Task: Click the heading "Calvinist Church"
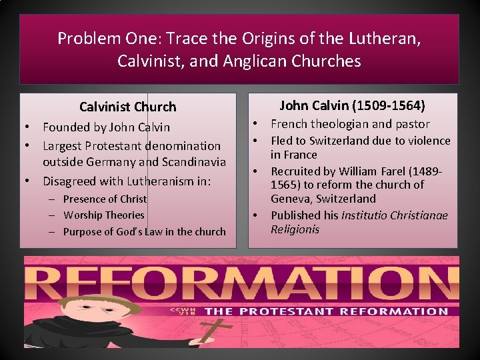point(128,107)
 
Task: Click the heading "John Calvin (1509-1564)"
point(352,105)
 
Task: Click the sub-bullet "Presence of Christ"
point(105,199)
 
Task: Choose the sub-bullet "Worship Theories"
point(103,215)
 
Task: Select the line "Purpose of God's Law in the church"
point(144,231)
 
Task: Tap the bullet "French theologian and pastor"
point(350,124)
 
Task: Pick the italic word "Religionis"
point(295,229)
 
